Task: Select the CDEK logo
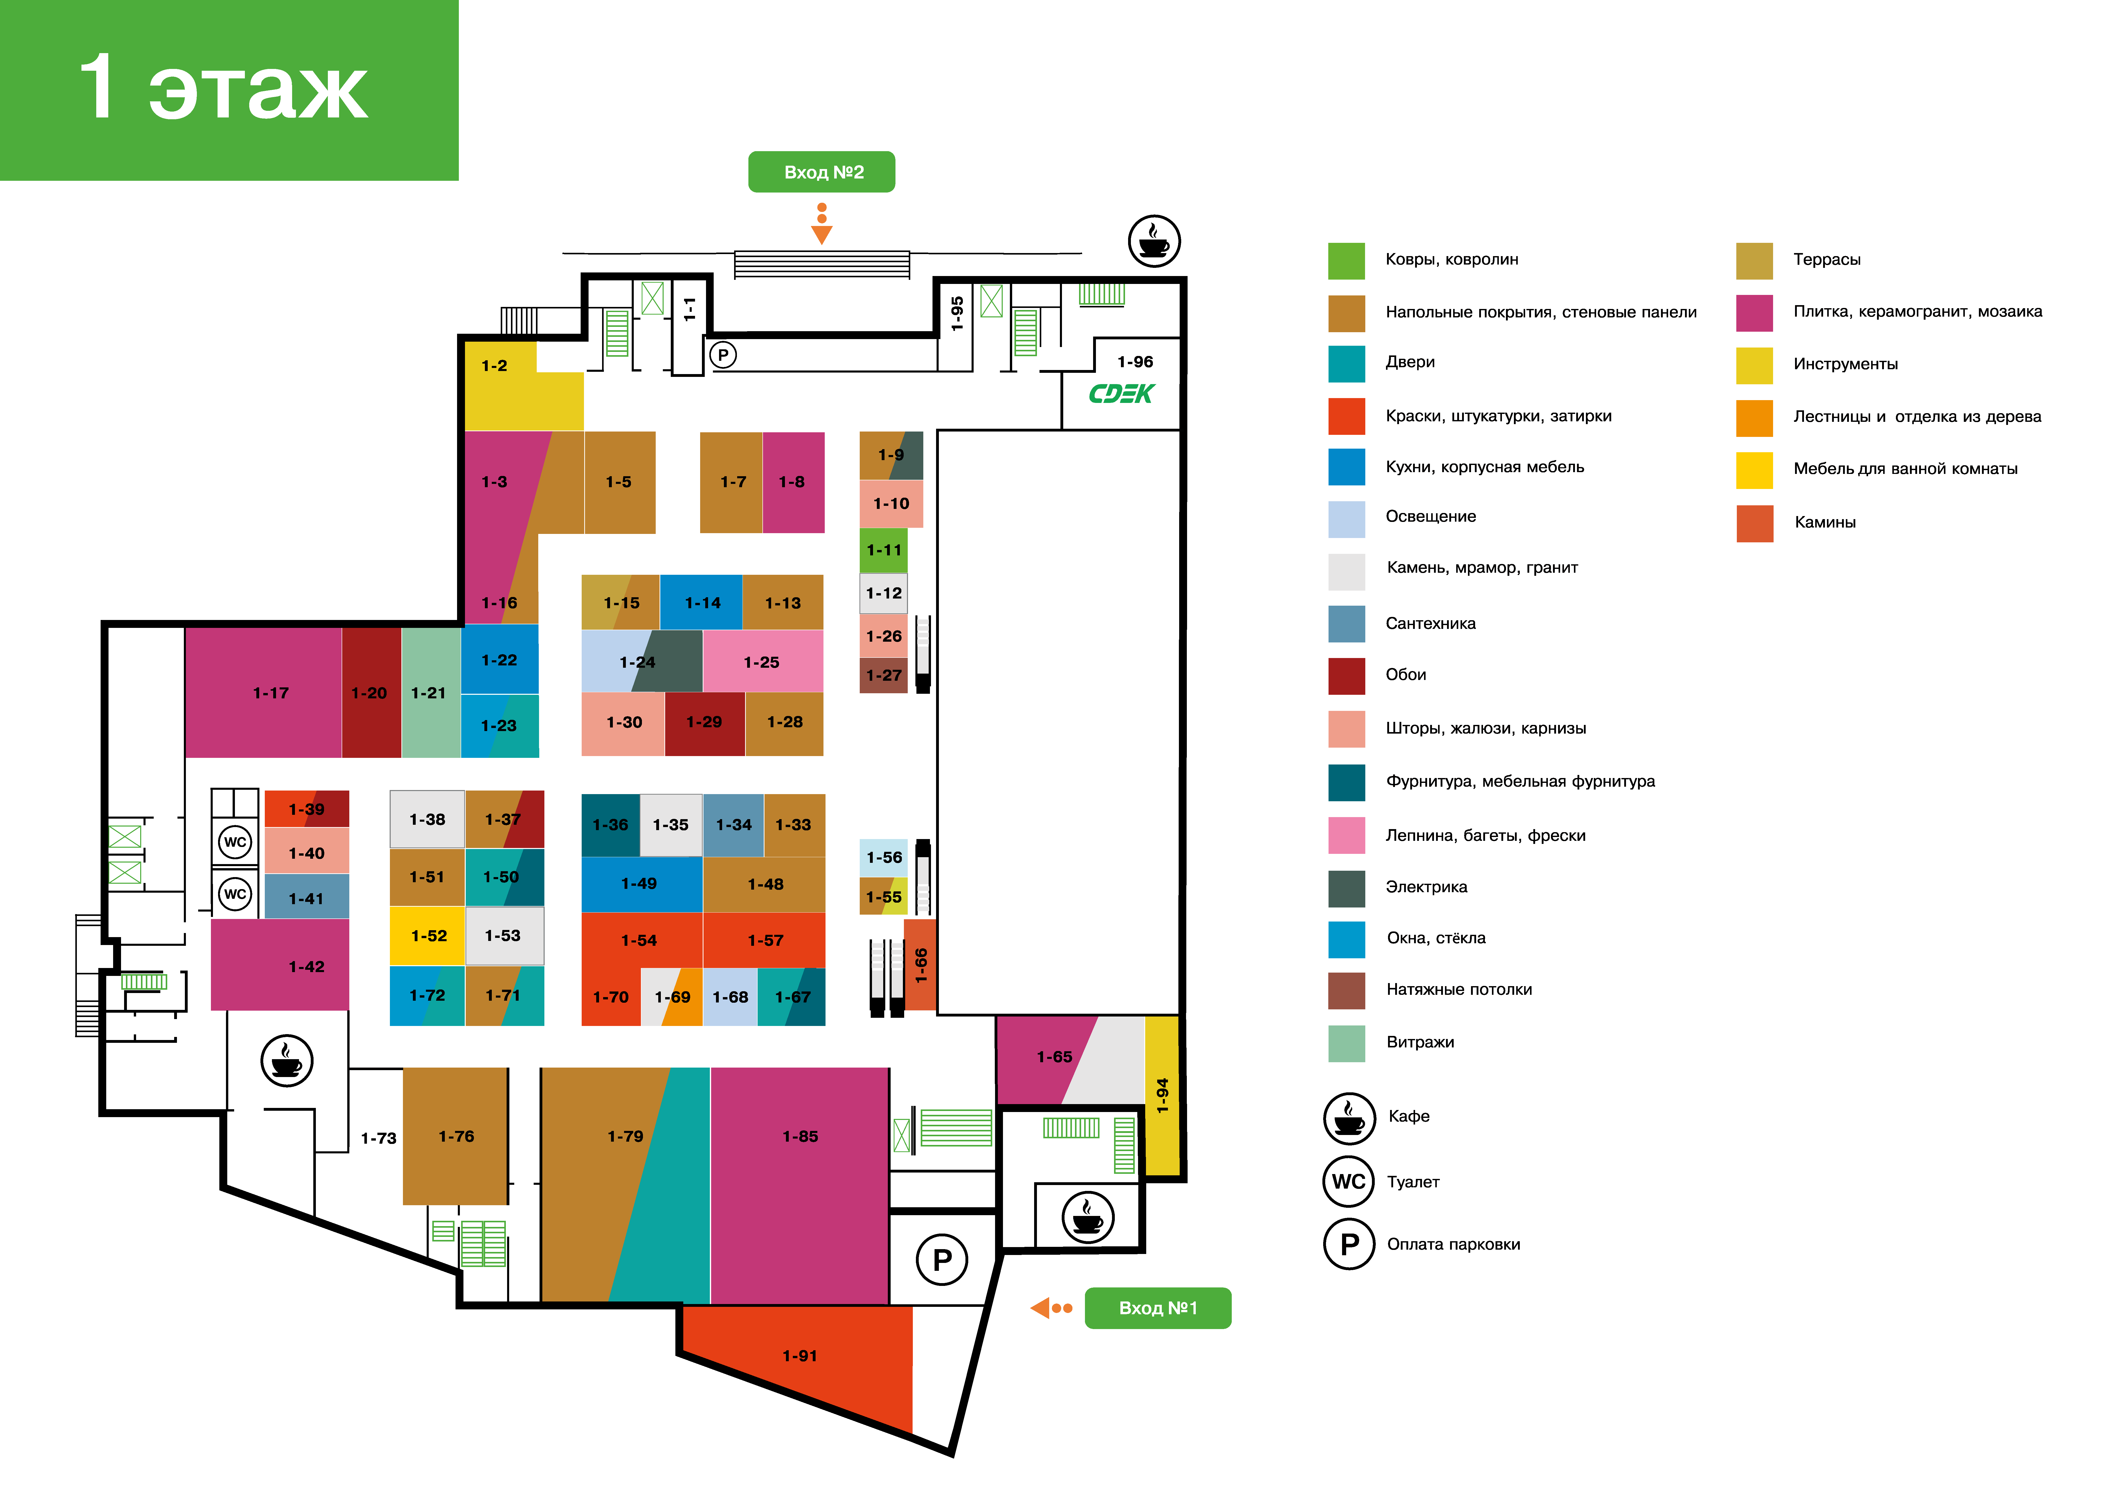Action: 1121,394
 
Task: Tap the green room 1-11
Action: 884,550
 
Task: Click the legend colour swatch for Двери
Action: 1346,364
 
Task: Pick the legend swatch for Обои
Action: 1346,676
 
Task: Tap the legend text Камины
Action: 1825,522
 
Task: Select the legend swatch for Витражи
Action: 1346,1043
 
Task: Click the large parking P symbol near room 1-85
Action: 942,1259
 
